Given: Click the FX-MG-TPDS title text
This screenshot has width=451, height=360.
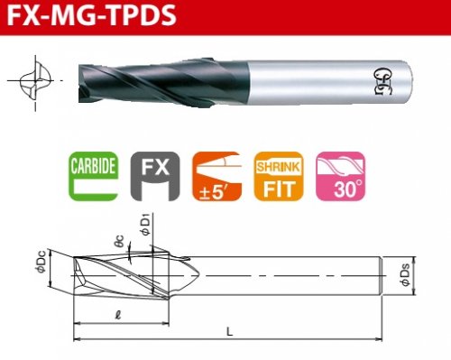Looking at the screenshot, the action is (x=91, y=15).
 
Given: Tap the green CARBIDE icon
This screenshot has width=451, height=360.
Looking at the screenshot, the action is (x=93, y=176).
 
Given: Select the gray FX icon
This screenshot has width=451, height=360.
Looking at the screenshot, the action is (x=155, y=176).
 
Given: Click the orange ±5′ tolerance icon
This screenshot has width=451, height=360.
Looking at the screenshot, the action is (x=217, y=176).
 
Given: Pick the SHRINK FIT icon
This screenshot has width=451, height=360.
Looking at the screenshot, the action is (x=279, y=176).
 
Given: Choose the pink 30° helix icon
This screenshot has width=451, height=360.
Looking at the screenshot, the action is (x=341, y=176).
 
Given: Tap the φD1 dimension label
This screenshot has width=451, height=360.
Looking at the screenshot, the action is (x=145, y=225).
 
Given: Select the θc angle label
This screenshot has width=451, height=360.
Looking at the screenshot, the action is (x=119, y=241).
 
